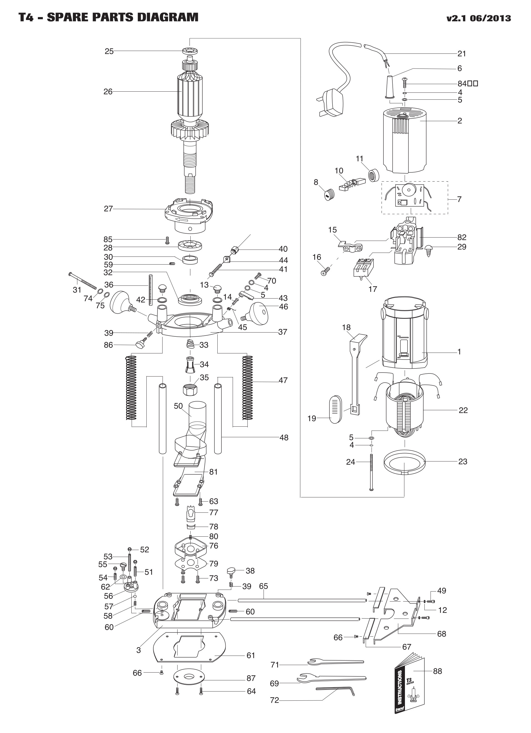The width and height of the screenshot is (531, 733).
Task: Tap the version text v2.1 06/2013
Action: coord(479,18)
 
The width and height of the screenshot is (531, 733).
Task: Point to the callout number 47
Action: coord(283,380)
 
